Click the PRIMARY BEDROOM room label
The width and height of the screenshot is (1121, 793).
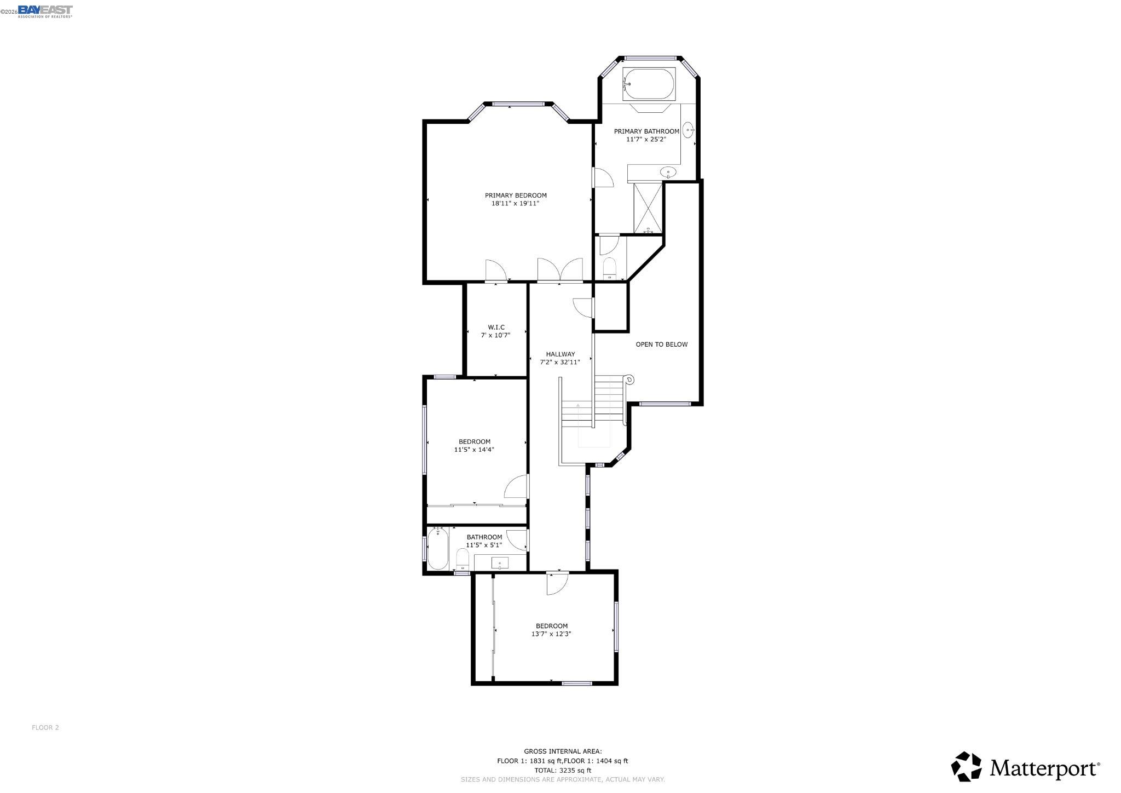tap(516, 196)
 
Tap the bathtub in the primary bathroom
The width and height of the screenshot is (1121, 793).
tap(649, 84)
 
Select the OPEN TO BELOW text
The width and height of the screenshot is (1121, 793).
tap(661, 344)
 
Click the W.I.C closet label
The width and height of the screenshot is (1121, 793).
tap(496, 327)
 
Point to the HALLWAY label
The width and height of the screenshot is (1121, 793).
tap(560, 354)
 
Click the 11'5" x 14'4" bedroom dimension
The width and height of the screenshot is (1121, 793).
tap(474, 450)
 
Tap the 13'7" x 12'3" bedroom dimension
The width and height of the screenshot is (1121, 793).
tap(551, 634)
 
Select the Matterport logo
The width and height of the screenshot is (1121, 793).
tap(1025, 767)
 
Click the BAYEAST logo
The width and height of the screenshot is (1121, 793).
tap(45, 11)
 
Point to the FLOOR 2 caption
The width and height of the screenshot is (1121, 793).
tap(45, 727)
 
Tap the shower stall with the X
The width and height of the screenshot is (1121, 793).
tap(648, 208)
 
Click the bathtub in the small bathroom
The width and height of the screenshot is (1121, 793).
tap(438, 549)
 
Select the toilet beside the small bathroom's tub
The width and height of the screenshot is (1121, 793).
tap(463, 559)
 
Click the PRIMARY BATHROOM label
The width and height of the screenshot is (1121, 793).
tap(646, 131)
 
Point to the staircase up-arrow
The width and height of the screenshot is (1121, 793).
tap(578, 406)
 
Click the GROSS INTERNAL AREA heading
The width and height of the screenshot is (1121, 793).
tap(563, 751)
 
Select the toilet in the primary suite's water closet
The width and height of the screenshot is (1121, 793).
tap(609, 268)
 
